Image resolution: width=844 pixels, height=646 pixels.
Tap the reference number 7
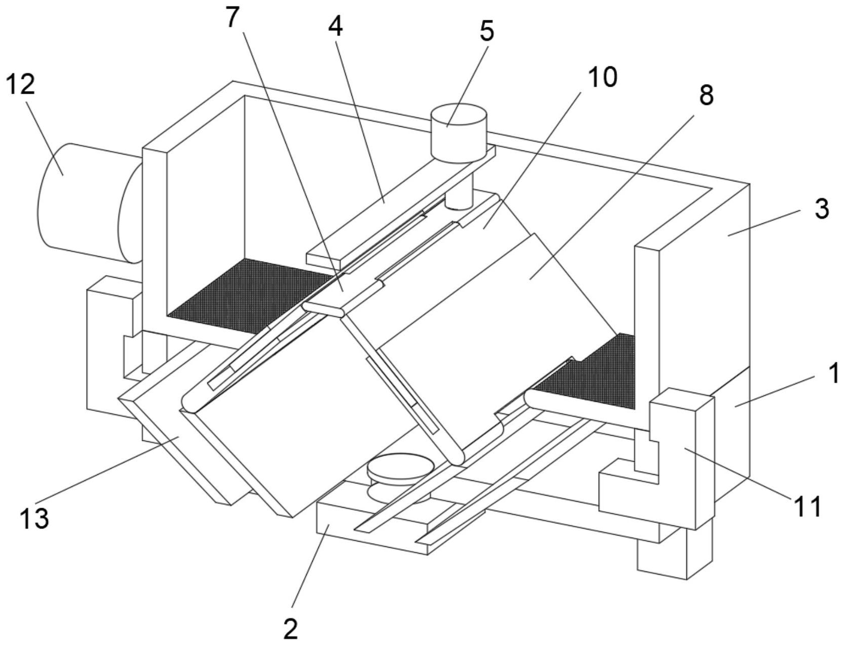tap(231, 17)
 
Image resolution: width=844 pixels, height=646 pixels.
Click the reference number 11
tap(806, 506)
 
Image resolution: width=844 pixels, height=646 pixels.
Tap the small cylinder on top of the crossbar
tap(458, 133)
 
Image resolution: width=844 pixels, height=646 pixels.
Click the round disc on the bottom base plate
tap(400, 476)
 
